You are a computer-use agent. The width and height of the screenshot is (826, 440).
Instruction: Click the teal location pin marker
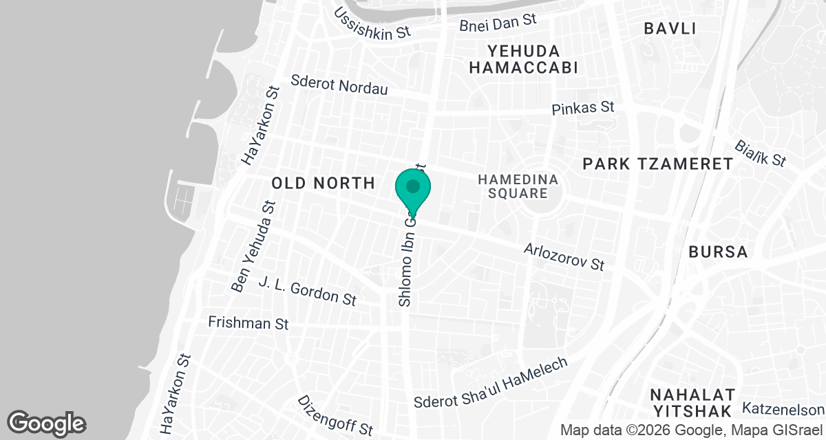tap(413, 188)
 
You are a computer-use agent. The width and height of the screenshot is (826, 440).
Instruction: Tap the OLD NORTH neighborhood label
tap(323, 183)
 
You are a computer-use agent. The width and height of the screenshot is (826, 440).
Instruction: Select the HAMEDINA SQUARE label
tap(518, 186)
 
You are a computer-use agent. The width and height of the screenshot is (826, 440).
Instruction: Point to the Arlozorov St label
tap(564, 256)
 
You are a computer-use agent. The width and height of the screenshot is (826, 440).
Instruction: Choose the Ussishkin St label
tap(372, 23)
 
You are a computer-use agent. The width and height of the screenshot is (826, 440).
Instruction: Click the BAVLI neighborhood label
tap(670, 28)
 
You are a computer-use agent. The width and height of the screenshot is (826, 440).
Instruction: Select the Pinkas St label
tap(583, 108)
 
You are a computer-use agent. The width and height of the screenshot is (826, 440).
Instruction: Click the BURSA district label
tap(718, 252)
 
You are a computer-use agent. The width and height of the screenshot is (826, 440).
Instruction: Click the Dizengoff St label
tap(335, 415)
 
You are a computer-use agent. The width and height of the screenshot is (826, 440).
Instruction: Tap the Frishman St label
tap(248, 322)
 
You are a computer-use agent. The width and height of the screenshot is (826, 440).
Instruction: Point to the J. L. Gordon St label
tap(307, 290)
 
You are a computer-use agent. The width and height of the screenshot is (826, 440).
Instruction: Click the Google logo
tap(47, 422)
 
